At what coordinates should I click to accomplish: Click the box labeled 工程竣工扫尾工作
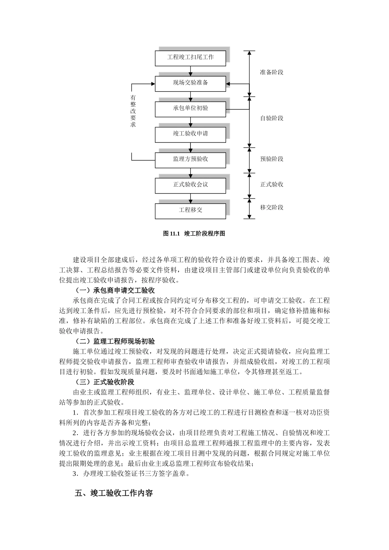pos(190,58)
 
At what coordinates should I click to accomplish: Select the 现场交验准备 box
pos(190,83)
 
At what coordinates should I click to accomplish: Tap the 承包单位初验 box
pos(190,108)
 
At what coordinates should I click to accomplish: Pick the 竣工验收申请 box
pos(190,134)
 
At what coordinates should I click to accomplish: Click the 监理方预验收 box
pos(190,160)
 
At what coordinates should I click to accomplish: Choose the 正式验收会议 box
pos(190,185)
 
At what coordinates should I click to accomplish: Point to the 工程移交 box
pos(190,210)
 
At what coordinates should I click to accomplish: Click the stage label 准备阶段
pos(271,72)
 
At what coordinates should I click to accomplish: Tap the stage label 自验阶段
pos(271,118)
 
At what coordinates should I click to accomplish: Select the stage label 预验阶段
pos(271,159)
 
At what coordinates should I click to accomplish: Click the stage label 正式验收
pos(271,185)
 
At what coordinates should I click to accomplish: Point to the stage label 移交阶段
pos(271,207)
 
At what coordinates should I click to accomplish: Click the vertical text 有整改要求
pos(133,111)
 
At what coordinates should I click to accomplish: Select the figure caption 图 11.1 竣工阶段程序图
pos(194,234)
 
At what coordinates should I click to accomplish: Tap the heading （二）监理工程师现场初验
pos(115,341)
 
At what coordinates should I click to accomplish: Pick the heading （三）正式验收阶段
pos(105,382)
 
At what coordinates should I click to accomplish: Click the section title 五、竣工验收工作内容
pos(114,493)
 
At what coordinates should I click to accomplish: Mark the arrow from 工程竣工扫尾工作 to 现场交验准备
pos(190,70)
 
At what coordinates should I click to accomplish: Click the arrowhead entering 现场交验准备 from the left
pos(153,84)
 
